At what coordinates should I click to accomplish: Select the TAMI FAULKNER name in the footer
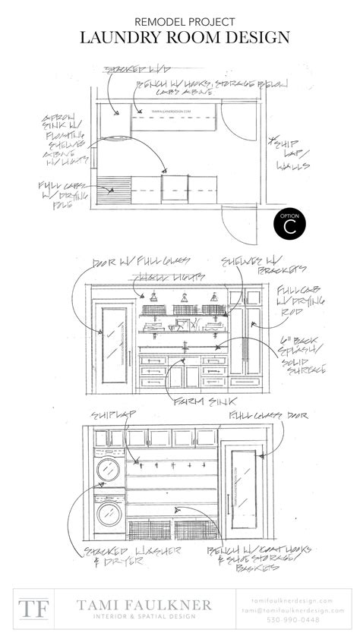144,604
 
